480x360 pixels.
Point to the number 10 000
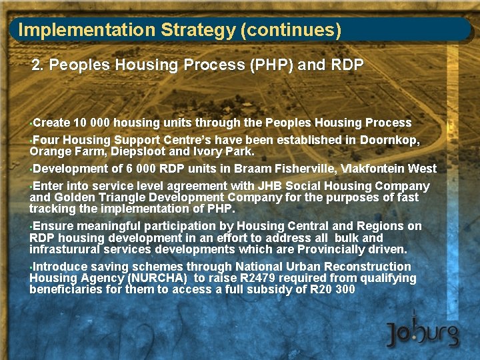pos(93,123)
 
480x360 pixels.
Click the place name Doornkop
pos(390,141)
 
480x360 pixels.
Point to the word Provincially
pos(325,249)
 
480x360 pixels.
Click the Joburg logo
pos(423,331)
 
